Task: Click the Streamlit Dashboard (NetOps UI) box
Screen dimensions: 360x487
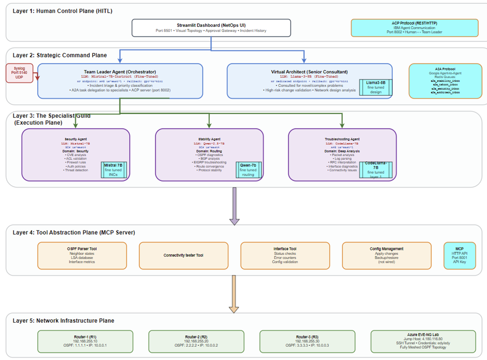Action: (x=211, y=28)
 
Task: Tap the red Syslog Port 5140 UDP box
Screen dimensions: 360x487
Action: (x=19, y=73)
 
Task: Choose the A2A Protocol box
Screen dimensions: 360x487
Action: (x=445, y=81)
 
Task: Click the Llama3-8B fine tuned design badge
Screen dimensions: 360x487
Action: (x=375, y=87)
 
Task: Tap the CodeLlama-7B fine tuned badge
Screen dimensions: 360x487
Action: (x=375, y=169)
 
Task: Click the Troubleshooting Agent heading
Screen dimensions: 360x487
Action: (x=342, y=139)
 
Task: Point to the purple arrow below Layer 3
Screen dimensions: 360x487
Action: (x=234, y=206)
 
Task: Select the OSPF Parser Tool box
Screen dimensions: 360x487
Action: (x=82, y=255)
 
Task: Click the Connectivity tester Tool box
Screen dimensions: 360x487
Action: (x=183, y=255)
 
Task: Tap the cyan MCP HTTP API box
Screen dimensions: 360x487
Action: (x=463, y=255)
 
